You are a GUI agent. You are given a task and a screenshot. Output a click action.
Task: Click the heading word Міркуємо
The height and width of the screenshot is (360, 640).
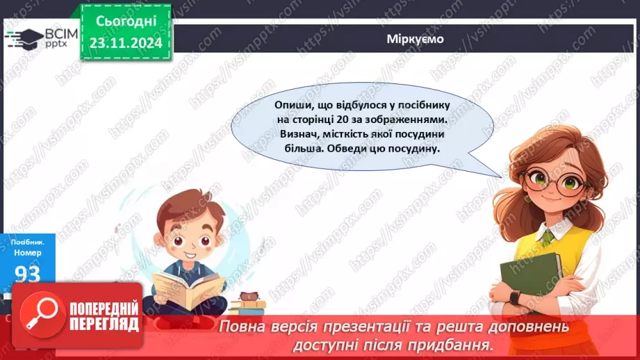tap(415, 39)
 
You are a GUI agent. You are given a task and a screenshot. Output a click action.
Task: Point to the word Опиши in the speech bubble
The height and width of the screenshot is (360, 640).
tap(293, 104)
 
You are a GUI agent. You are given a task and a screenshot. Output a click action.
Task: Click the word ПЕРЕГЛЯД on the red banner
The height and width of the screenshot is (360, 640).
tap(103, 324)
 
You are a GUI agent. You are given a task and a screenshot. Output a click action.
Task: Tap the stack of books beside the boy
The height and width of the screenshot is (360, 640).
tap(247, 303)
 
